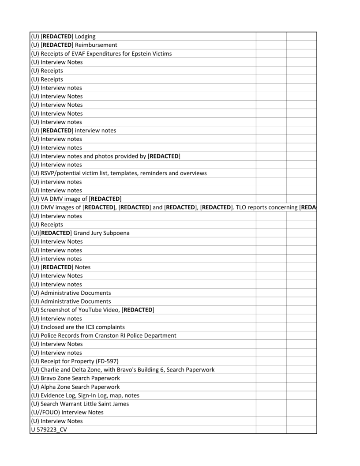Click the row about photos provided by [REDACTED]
(106, 156)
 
